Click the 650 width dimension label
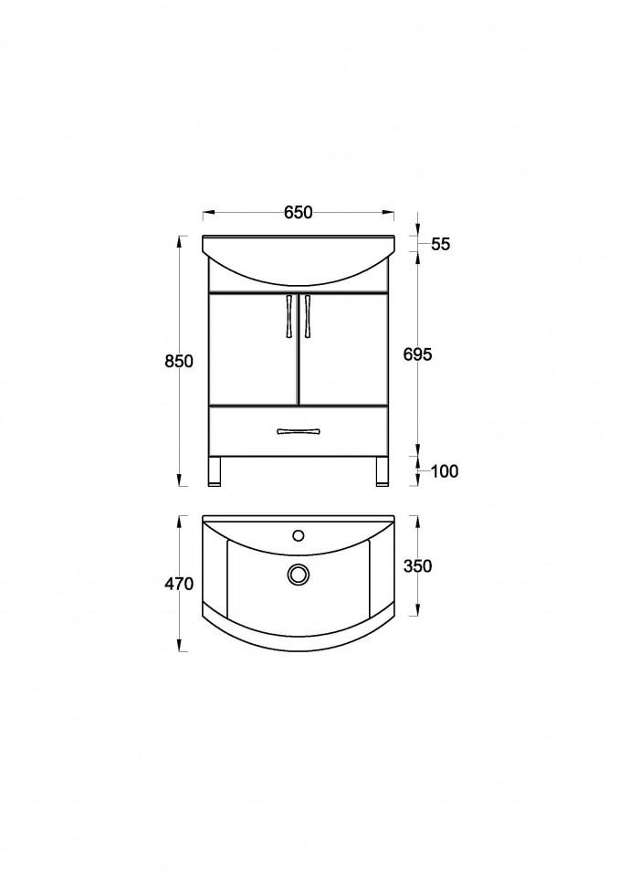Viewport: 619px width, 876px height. (x=298, y=213)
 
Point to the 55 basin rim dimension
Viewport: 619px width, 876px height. (x=441, y=244)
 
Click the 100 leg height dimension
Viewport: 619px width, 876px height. (x=444, y=471)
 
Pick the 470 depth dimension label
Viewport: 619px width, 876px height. (x=180, y=584)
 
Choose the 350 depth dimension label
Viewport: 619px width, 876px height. (x=417, y=566)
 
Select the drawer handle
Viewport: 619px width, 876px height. (x=298, y=430)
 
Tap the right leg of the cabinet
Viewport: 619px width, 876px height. (x=380, y=471)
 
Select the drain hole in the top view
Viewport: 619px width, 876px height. (x=298, y=574)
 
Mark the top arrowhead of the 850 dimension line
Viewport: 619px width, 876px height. (x=179, y=242)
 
